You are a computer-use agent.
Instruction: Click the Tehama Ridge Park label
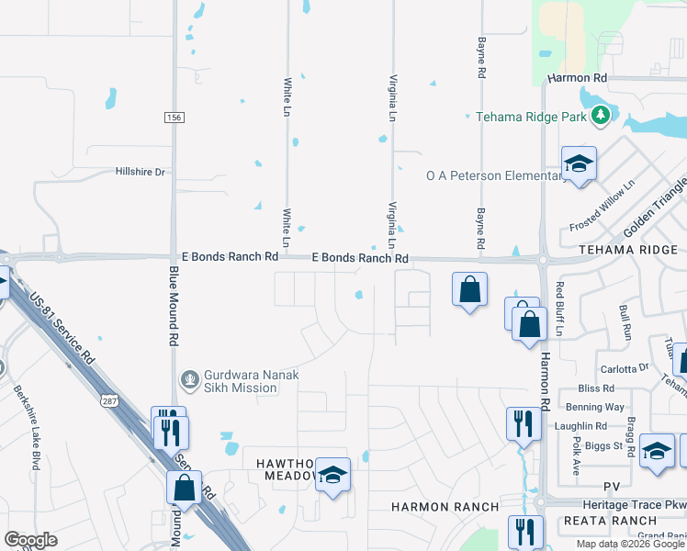point(531,117)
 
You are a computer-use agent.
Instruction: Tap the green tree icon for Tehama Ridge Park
point(601,116)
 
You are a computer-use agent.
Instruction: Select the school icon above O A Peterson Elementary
point(579,164)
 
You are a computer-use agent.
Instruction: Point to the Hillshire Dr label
point(140,172)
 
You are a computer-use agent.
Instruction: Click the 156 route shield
point(175,118)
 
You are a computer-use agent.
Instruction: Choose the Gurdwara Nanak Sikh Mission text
point(242,381)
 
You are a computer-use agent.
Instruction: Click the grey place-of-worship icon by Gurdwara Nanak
point(190,377)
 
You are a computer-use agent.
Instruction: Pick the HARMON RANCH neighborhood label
point(445,507)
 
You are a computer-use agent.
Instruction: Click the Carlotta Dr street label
point(625,369)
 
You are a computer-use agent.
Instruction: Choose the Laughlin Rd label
point(580,426)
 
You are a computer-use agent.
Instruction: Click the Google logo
point(31,540)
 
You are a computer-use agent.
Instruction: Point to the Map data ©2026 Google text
point(629,544)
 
